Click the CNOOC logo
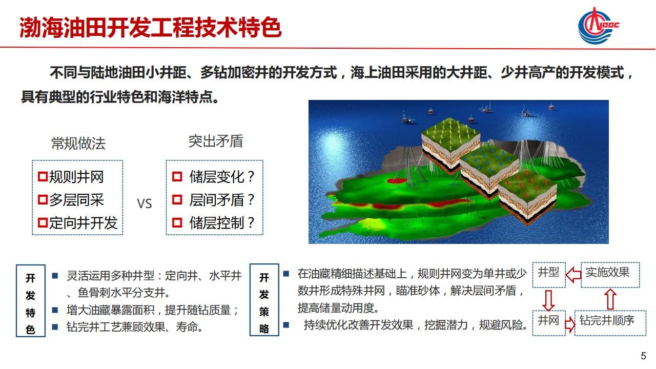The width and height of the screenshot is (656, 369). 598,26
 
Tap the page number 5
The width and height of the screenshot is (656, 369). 643,356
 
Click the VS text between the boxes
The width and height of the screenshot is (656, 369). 145,203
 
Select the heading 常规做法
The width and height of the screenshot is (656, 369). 78,143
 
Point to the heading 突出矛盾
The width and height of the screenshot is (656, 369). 216,141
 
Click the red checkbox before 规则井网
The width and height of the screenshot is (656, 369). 43,176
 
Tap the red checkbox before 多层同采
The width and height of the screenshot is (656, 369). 43,200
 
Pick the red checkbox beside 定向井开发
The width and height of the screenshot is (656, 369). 43,222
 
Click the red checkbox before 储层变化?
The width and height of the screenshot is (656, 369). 177,177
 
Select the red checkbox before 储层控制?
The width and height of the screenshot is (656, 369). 177,222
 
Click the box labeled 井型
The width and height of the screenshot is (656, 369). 549,275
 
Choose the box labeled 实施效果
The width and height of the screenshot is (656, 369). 610,275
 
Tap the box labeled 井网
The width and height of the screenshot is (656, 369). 549,323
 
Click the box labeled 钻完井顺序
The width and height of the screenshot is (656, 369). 610,323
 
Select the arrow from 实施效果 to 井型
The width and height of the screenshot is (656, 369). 573,275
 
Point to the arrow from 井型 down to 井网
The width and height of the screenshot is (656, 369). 548,300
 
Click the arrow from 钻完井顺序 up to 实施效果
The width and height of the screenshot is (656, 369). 610,299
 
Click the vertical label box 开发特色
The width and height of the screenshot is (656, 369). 31,301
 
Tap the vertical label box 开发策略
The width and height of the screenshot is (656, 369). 264,300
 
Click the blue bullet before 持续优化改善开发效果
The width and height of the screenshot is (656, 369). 286,324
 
